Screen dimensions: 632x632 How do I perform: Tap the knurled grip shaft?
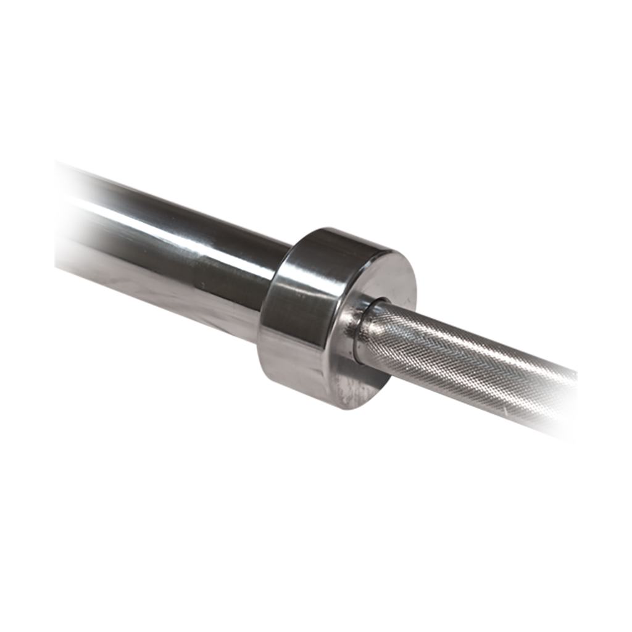469,364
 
